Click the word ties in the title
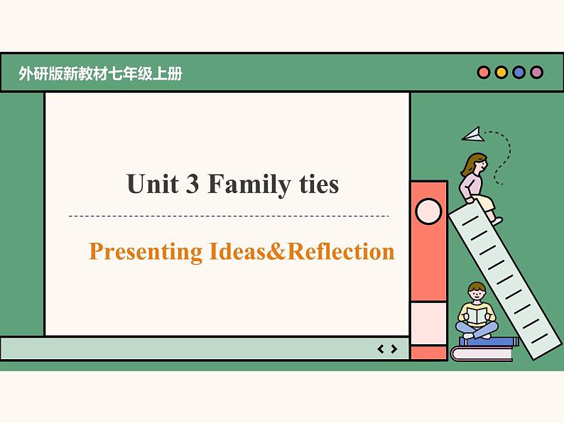tap(315, 185)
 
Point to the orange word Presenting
tap(146, 252)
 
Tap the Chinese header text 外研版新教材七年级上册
tap(101, 73)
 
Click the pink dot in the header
tap(484, 72)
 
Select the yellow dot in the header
tap(501, 72)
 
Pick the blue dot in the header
tap(519, 72)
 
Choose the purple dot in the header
tap(537, 72)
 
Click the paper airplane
tap(472, 133)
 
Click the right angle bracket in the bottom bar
tap(394, 348)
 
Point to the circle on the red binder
tap(428, 211)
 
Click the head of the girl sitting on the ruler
tap(474, 164)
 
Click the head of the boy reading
tap(477, 291)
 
